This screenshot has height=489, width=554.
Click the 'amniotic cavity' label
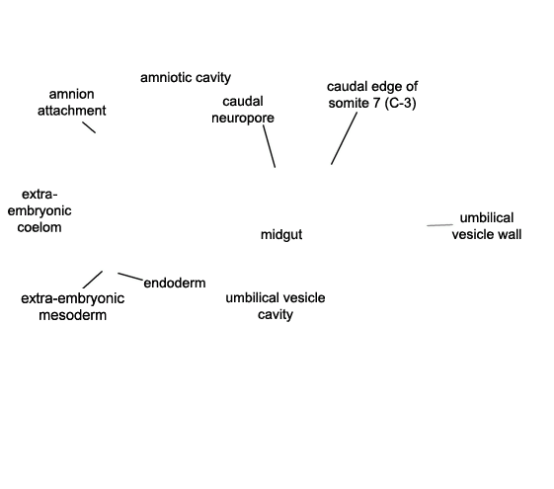pyautogui.click(x=186, y=78)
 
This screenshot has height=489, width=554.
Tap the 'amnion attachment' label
pyautogui.click(x=72, y=103)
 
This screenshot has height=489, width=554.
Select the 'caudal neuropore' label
pyautogui.click(x=243, y=110)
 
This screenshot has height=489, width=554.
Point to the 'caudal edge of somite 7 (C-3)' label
pyautogui.click(x=372, y=95)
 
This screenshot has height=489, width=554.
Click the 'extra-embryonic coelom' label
pyautogui.click(x=40, y=210)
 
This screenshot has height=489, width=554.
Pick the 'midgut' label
pyautogui.click(x=281, y=234)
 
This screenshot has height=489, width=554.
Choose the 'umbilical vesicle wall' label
pyautogui.click(x=487, y=226)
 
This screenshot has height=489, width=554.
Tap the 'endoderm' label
pyautogui.click(x=175, y=283)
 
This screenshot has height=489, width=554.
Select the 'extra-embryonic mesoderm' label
pyautogui.click(x=72, y=306)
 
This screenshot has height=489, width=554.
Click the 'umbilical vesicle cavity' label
pyautogui.click(x=276, y=306)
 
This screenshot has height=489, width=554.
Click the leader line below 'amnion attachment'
pyautogui.click(x=89, y=127)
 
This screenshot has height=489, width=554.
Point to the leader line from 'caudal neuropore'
pyautogui.click(x=270, y=146)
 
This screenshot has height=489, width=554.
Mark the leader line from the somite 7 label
pyautogui.click(x=344, y=138)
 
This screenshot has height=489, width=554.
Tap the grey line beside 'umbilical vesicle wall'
pyautogui.click(x=439, y=224)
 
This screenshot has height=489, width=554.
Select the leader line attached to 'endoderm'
pyautogui.click(x=130, y=277)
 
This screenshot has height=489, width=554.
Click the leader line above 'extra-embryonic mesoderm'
pyautogui.click(x=93, y=280)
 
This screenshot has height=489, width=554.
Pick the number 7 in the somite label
pyautogui.click(x=376, y=103)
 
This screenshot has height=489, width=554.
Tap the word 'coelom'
pyautogui.click(x=40, y=227)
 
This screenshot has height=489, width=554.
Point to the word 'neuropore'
pyautogui.click(x=243, y=118)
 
